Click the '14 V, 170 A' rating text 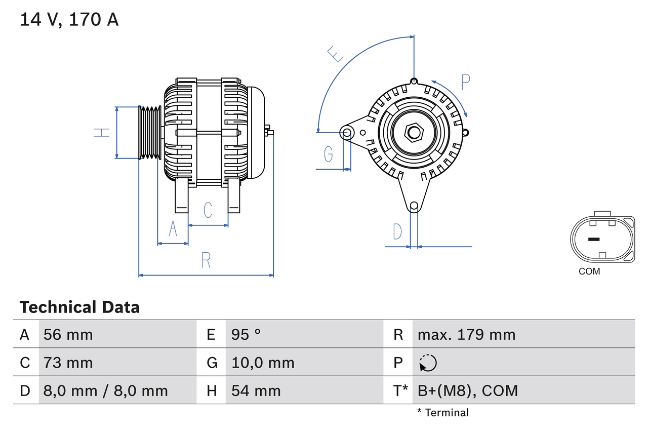click(69, 20)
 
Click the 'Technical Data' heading click(79, 307)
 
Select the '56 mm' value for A click(68, 334)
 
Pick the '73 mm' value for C click(68, 363)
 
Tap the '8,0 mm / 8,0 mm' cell click(106, 390)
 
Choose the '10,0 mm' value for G click(263, 363)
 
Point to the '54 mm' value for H click(256, 390)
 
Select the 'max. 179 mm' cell click(466, 334)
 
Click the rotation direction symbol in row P click(428, 363)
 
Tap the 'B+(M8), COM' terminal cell click(468, 390)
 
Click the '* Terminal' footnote click(443, 413)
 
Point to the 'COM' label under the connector click(589, 271)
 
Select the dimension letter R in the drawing click(206, 260)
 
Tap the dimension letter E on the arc click(336, 54)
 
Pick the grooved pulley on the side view click(150, 133)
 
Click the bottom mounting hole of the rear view click(414, 206)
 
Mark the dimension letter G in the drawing click(329, 153)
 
